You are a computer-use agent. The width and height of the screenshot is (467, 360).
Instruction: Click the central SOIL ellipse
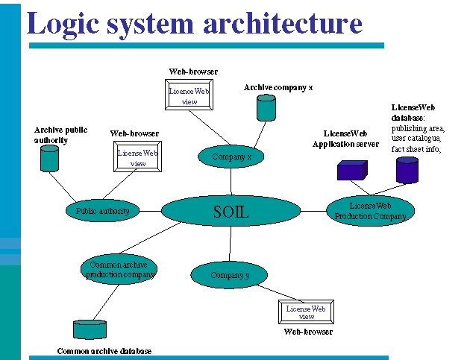(x=231, y=212)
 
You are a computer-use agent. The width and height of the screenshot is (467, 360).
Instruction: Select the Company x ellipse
(x=231, y=157)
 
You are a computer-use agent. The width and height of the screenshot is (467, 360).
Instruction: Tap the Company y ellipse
(x=230, y=275)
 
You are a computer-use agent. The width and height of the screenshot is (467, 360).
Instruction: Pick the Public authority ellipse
(x=103, y=211)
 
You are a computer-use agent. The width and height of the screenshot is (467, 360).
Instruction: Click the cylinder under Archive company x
(x=266, y=108)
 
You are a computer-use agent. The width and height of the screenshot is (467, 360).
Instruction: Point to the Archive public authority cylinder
(x=49, y=158)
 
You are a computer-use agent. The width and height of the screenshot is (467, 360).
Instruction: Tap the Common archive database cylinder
(x=90, y=329)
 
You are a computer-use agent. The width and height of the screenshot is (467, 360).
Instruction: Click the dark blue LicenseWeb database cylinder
(x=407, y=170)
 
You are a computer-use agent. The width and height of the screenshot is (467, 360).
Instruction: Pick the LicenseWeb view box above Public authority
(x=138, y=158)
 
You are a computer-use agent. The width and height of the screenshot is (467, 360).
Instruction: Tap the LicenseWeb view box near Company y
(x=306, y=312)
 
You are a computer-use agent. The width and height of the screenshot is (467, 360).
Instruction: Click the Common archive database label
(x=104, y=351)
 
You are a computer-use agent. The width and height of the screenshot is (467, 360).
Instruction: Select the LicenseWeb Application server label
(x=346, y=139)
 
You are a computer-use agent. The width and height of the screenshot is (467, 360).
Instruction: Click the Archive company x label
(x=278, y=87)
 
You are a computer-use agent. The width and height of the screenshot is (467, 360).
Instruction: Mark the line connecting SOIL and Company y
(x=231, y=244)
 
